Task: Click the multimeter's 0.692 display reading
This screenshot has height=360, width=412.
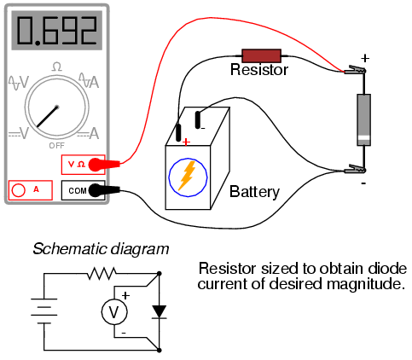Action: pos(57,31)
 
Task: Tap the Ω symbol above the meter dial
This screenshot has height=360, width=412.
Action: pos(57,67)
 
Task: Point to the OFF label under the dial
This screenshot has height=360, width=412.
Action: pos(57,146)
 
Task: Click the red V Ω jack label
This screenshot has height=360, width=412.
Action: pos(77,164)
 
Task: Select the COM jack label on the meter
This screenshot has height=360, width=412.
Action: pos(78,190)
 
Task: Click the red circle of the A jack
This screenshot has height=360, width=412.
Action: pos(19,190)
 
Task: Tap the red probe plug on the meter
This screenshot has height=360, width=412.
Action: pos(104,165)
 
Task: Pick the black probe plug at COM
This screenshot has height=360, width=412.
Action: pos(104,190)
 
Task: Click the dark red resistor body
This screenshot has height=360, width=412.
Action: pos(261,55)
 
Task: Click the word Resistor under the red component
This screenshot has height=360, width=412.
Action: pos(259,70)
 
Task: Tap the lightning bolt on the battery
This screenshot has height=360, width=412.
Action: pos(187,176)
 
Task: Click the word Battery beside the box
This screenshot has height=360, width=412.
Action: pos(254,192)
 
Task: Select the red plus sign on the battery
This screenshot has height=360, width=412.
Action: pos(186,142)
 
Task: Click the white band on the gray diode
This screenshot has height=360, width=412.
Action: pos(363,138)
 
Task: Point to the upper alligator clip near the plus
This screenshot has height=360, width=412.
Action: pos(355,70)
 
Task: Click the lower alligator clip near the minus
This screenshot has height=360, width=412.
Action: pos(355,169)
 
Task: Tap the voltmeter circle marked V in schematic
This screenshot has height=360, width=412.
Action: pos(114,312)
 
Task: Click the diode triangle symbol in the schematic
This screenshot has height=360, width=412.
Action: pos(160,311)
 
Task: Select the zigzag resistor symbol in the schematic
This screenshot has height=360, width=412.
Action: pos(102,274)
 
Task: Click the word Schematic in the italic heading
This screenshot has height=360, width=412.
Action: pos(70,249)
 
